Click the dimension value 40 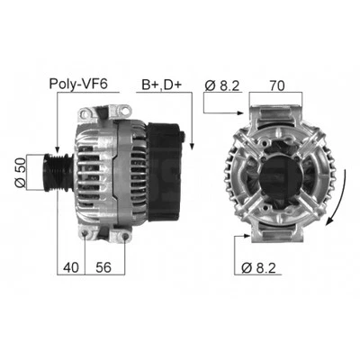[71, 267]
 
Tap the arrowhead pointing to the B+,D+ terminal [189, 139]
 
